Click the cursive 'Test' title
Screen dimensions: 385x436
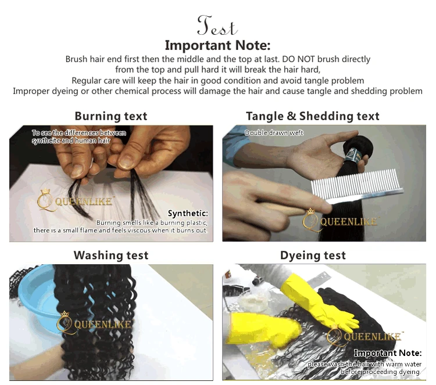[217, 26]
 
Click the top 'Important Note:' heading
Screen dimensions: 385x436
[217, 45]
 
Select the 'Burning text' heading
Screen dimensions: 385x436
[111, 116]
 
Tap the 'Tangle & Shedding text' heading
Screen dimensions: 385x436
[313, 116]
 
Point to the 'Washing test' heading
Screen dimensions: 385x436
[111, 255]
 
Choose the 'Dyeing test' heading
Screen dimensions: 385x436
[313, 255]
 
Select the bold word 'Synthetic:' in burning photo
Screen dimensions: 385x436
[187, 213]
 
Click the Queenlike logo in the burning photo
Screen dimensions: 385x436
[69, 200]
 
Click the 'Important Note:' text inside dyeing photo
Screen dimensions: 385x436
[387, 352]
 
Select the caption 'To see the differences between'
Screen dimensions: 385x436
[79, 133]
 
